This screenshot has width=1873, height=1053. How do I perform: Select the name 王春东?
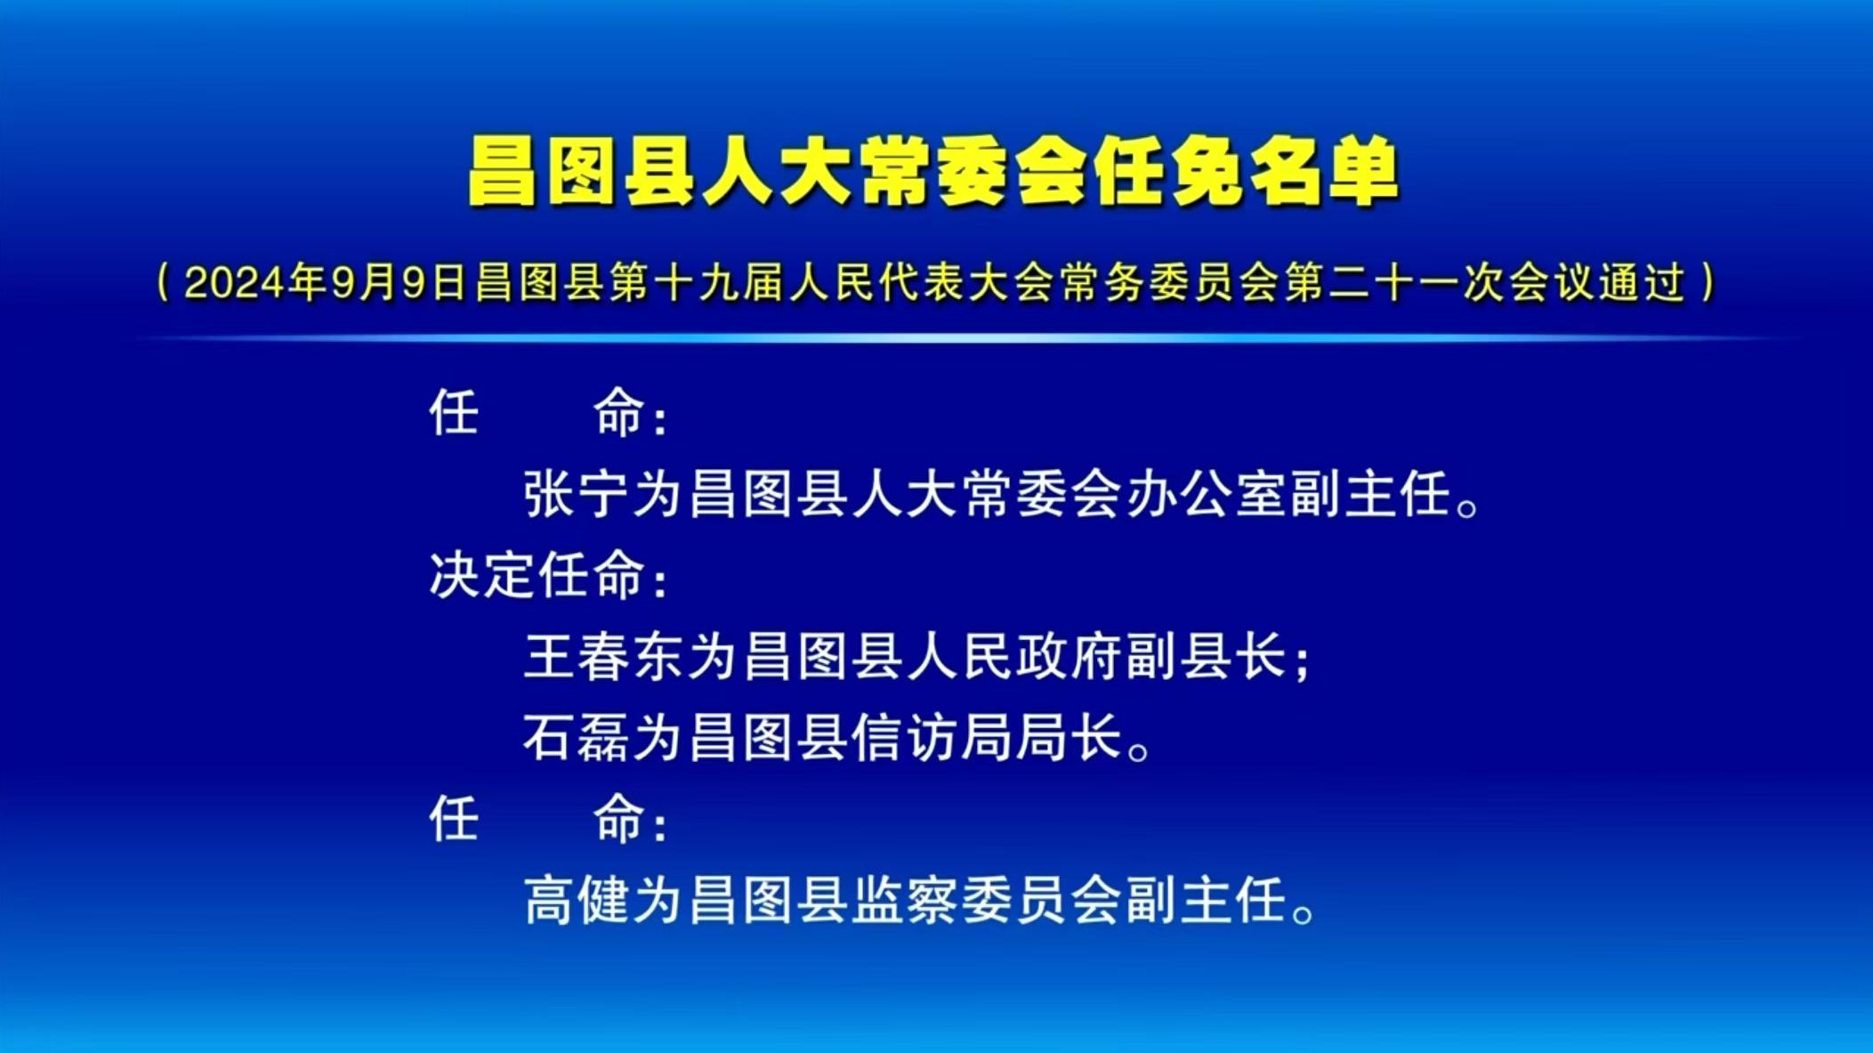[605, 657]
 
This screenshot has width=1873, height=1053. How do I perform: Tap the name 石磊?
[577, 738]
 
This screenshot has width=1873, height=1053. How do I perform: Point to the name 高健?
[577, 901]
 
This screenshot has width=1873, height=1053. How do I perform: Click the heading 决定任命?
[537, 575]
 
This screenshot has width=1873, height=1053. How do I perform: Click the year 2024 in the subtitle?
[234, 283]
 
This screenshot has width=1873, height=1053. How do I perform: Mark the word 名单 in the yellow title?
[1324, 172]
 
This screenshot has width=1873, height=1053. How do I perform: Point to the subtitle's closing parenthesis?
[1707, 283]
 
